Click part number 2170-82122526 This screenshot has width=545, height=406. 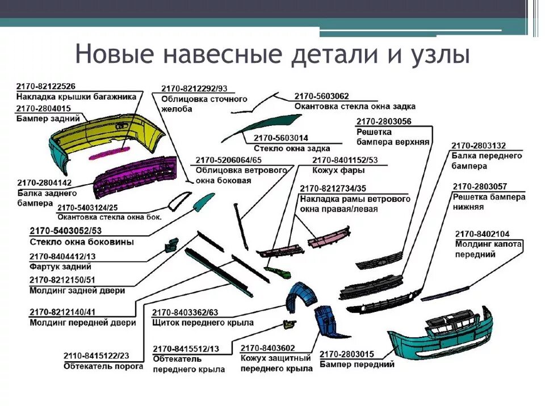coord(45,86)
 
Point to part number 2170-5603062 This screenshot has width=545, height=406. coord(321,96)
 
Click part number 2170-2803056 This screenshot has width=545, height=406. coord(384,121)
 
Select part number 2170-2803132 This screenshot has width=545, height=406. coord(478,145)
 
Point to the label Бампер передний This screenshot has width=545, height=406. coord(357,365)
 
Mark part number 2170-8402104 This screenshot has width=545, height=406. coord(482,233)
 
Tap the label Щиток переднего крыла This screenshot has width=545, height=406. coord(203,323)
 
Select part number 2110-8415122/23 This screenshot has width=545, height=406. coord(96,356)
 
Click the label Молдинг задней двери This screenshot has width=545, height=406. coord(77,290)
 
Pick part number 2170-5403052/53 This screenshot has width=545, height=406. coord(65,231)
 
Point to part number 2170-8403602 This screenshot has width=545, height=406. coord(268,348)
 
